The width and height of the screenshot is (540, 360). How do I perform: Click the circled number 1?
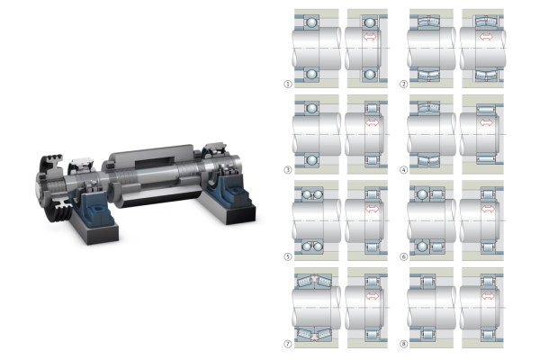288,84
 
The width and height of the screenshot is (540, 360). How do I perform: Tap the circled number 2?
403,84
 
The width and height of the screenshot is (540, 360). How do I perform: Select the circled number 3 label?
288,170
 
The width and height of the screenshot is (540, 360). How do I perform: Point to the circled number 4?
403,170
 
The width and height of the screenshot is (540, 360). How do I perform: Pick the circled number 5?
288,256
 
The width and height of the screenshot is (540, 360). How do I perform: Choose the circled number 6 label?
403,256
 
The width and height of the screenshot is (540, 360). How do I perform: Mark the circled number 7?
288,344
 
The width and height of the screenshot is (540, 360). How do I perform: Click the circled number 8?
403,344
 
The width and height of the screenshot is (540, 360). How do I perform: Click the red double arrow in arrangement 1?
370,37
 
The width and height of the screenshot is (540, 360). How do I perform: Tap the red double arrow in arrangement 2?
486,37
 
